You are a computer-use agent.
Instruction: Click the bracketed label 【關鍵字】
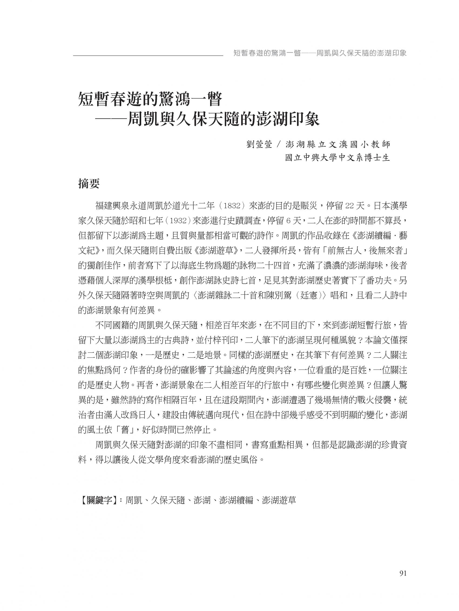tap(98, 500)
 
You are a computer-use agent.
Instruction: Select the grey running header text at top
tap(320, 53)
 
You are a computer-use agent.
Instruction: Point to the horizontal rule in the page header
tap(148, 56)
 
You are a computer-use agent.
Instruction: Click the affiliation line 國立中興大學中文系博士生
tap(337, 158)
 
